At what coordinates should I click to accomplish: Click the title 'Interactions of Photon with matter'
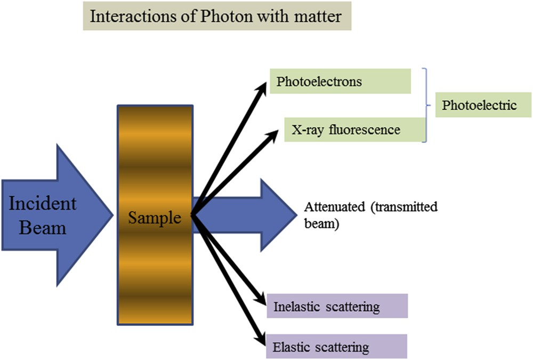click(216, 16)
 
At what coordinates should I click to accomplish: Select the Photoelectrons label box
click(340, 82)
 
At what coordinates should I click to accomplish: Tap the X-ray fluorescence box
click(355, 129)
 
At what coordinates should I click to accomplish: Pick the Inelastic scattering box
click(337, 307)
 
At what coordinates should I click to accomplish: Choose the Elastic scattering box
click(337, 347)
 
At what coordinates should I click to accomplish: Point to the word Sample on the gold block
click(155, 218)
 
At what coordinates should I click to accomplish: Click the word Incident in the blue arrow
click(43, 204)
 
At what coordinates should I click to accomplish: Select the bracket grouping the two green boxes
click(425, 106)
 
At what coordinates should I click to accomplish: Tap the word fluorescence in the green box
click(368, 129)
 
